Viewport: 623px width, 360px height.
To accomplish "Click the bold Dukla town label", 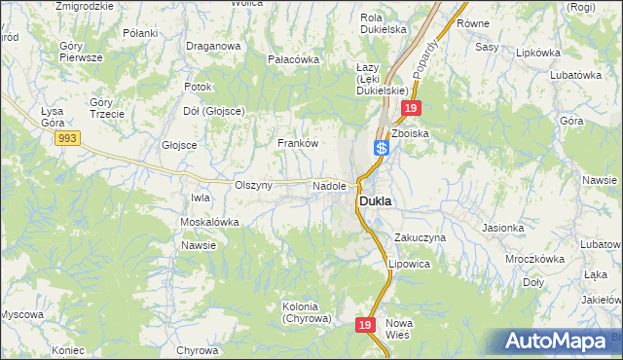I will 375,201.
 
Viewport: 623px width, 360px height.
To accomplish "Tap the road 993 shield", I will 67,139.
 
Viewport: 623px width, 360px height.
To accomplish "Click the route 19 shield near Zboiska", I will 412,109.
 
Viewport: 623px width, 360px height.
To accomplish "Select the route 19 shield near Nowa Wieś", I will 365,325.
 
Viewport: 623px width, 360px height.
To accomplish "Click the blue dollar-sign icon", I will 383,148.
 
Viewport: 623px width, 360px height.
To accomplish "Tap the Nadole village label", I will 329,185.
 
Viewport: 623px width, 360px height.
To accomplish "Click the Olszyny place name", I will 254,185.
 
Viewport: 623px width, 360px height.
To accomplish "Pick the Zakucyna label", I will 420,237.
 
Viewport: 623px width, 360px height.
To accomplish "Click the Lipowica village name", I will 409,264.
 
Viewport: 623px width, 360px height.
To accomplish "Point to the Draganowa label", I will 213,46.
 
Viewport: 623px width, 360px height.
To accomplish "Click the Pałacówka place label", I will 294,59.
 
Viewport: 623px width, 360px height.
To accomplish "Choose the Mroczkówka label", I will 535,260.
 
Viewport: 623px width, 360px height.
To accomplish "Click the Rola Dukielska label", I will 383,23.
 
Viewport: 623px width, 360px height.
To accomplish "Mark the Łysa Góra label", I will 52,118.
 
